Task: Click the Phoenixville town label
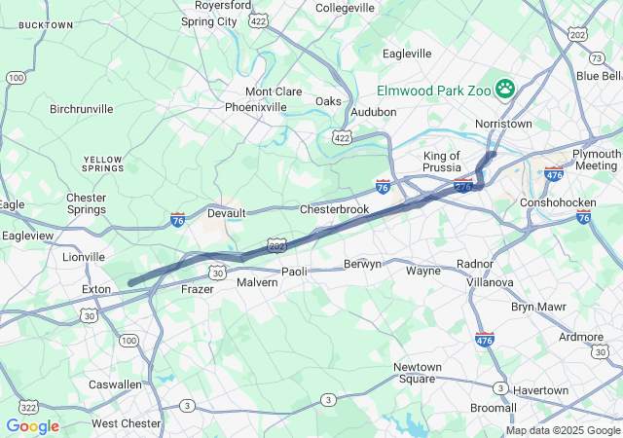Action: (256, 107)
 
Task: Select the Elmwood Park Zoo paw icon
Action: (505, 90)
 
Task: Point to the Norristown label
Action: (503, 125)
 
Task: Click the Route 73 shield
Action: (596, 58)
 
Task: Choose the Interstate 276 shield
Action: (463, 186)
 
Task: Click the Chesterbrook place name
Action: (334, 209)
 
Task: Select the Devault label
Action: (226, 213)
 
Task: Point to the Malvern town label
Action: (257, 282)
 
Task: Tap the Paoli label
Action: (294, 272)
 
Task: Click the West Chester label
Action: (127, 423)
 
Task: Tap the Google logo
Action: (32, 426)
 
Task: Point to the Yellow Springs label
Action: (103, 164)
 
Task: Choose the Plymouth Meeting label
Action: (596, 160)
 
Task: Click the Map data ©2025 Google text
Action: (562, 430)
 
